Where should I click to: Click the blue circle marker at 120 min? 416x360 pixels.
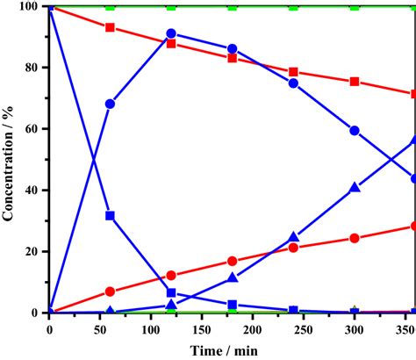click(171, 33)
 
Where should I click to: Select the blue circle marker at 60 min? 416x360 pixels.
click(110, 104)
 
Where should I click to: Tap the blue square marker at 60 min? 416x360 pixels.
click(110, 215)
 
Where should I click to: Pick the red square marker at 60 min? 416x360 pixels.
click(110, 27)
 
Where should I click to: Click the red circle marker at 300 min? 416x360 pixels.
click(355, 238)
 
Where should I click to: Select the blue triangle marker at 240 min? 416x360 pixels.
click(293, 237)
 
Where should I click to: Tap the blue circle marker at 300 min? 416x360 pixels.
click(355, 130)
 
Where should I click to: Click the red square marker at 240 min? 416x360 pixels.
click(293, 72)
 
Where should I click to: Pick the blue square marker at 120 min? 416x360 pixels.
click(171, 292)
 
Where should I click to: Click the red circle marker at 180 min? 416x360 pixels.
click(232, 261)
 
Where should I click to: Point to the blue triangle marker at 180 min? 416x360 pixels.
click(232, 277)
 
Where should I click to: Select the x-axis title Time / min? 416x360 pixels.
click(232, 349)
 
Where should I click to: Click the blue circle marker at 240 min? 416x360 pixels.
click(293, 83)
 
